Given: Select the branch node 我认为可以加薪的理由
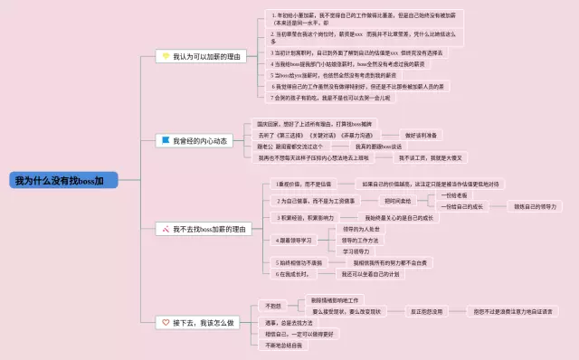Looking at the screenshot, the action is [x=204, y=56].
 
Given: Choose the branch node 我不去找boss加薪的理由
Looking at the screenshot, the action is [x=204, y=230].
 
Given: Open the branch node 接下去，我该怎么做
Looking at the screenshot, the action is [x=197, y=322].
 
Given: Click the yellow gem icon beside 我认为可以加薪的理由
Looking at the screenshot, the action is [x=166, y=56].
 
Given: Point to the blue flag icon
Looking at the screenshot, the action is [x=166, y=141].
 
